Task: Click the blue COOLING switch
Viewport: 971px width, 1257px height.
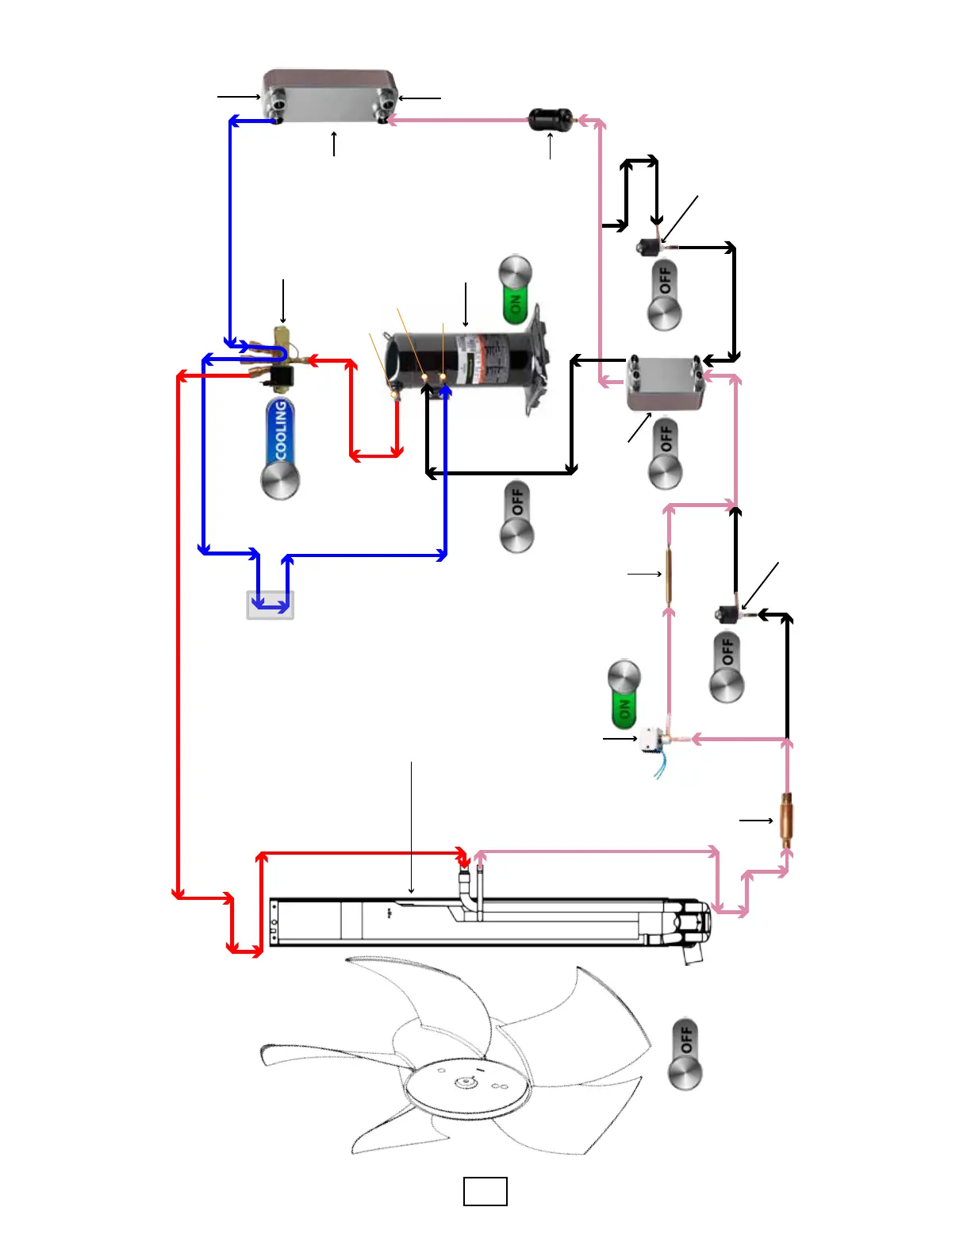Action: [x=280, y=448]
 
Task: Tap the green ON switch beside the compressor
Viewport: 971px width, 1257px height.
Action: [x=516, y=290]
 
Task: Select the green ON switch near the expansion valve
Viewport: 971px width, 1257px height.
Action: [x=624, y=694]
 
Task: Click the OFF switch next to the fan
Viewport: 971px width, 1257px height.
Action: [x=685, y=1054]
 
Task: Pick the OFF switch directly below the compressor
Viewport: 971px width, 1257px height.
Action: [x=516, y=517]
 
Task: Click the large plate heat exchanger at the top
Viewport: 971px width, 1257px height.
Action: [x=330, y=97]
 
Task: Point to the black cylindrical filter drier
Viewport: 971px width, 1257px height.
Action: [x=550, y=120]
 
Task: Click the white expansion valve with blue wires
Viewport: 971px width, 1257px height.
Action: [x=655, y=740]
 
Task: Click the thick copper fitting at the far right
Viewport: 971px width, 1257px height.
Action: [x=786, y=820]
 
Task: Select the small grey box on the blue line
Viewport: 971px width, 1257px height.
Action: [x=271, y=605]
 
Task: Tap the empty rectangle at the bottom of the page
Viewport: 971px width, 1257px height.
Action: [x=485, y=1191]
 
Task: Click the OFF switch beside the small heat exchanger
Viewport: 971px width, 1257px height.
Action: [x=665, y=454]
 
